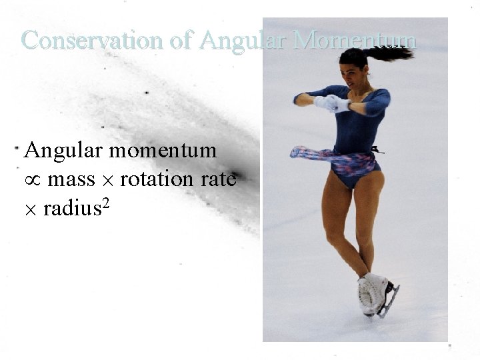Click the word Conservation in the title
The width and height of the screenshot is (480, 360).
pyautogui.click(x=91, y=41)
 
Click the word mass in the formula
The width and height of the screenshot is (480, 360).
pyautogui.click(x=71, y=180)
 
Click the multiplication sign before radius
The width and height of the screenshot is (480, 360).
pyautogui.click(x=31, y=211)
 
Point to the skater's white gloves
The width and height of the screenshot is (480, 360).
pyautogui.click(x=331, y=103)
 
